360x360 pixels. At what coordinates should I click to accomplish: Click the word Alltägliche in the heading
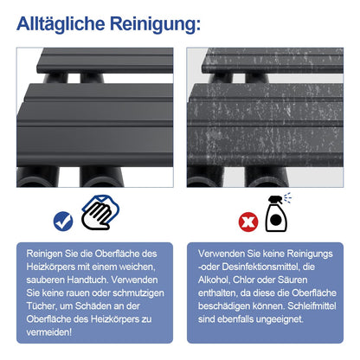coord(61,23)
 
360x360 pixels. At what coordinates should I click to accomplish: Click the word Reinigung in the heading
coord(154,24)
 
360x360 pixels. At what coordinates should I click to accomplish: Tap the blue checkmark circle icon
coord(63,222)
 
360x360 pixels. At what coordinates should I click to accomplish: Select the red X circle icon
coord(248,222)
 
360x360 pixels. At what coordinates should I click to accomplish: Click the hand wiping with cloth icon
coord(100,212)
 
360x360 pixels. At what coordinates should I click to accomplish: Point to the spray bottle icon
coord(276,214)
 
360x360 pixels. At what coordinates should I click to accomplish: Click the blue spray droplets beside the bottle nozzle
coord(287,197)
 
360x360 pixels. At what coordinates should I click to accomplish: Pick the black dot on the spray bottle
coord(276,220)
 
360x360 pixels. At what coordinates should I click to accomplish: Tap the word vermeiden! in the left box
coord(48,332)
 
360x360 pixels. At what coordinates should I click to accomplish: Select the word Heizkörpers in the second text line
coord(50,267)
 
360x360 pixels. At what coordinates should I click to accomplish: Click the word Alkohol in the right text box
coord(214,280)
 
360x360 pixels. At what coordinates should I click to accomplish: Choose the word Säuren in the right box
coord(292,280)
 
